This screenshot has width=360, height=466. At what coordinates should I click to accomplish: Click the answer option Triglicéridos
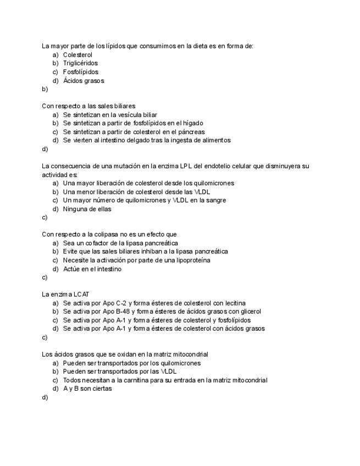pyautogui.click(x=80, y=63)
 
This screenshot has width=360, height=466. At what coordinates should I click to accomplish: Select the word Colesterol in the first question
pyautogui.click(x=77, y=55)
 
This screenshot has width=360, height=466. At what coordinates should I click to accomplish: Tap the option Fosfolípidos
pyautogui.click(x=81, y=72)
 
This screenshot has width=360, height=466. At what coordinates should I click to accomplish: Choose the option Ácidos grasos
pyautogui.click(x=84, y=81)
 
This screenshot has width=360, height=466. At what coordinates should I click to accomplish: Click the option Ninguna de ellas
pyautogui.click(x=87, y=209)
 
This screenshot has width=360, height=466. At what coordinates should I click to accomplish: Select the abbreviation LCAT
pyautogui.click(x=79, y=295)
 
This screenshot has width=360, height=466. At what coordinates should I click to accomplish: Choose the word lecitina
pyautogui.click(x=218, y=303)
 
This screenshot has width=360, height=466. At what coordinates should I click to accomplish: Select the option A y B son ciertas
pyautogui.click(x=87, y=389)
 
